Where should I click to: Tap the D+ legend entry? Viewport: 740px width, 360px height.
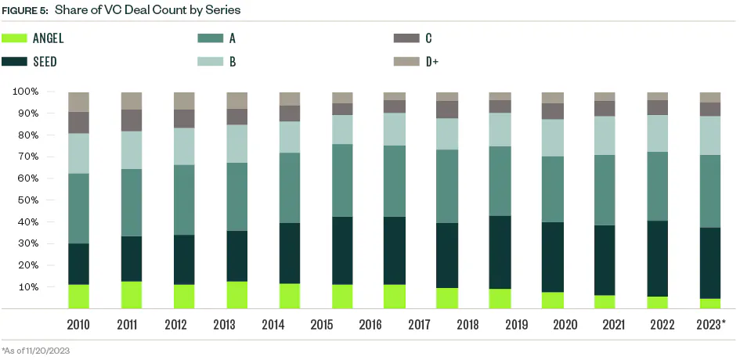[x=431, y=61]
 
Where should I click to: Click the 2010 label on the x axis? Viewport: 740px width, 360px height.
[x=79, y=324]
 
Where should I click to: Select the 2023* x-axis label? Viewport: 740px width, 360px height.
[x=711, y=324]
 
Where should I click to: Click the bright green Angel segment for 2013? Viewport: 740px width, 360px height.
[x=236, y=294]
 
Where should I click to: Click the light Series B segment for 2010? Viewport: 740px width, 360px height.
[x=79, y=153]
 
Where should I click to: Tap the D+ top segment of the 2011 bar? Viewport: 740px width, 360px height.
[x=132, y=100]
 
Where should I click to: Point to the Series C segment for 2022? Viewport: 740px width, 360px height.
[x=658, y=107]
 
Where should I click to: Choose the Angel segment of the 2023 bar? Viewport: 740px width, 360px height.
[x=710, y=304]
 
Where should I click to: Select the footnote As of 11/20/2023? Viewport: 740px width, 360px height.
[x=36, y=351]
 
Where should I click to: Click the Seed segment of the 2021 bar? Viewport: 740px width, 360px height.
[x=605, y=260]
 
